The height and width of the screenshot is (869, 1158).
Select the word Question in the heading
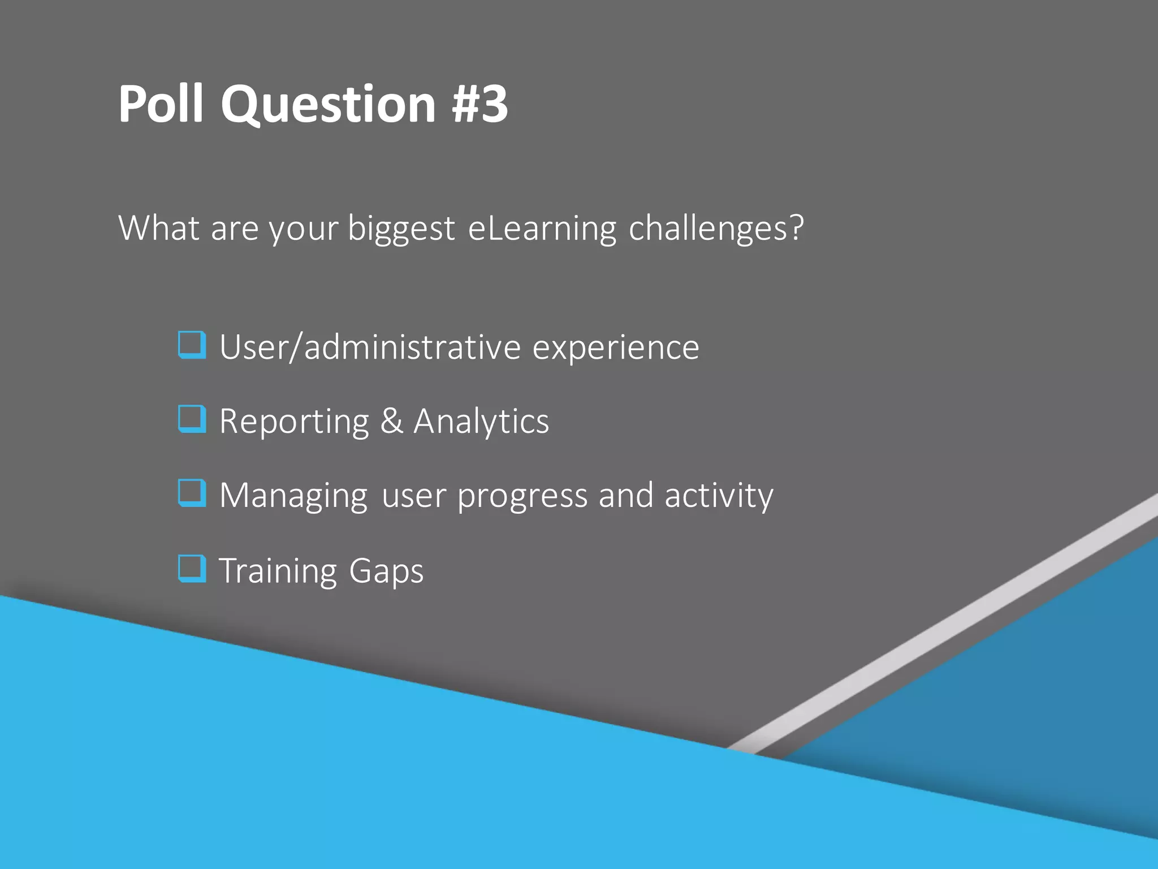point(328,105)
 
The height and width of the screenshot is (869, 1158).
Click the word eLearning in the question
point(542,229)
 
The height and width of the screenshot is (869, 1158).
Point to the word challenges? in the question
point(716,229)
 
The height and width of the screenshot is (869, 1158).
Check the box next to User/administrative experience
point(192,345)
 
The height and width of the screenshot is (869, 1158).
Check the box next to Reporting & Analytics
point(192,419)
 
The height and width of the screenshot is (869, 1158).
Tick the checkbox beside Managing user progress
point(192,493)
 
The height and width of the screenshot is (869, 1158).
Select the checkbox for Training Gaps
point(192,569)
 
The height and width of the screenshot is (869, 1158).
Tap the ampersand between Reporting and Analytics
point(391,421)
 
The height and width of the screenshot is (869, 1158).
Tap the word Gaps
point(386,571)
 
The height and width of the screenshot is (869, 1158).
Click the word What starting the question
point(159,229)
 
